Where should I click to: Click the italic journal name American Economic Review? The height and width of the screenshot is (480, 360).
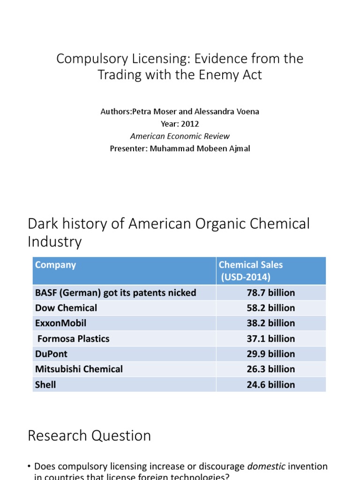pyautogui.click(x=180, y=136)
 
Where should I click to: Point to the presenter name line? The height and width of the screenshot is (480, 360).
pyautogui.click(x=180, y=149)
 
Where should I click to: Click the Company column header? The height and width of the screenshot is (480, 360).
pyautogui.click(x=55, y=265)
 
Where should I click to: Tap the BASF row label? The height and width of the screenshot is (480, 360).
pyautogui.click(x=115, y=293)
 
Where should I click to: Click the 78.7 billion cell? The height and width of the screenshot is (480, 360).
pyautogui.click(x=270, y=293)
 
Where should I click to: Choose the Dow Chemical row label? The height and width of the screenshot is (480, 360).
pyautogui.click(x=66, y=308)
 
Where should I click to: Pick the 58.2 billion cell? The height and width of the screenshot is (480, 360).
pyautogui.click(x=270, y=308)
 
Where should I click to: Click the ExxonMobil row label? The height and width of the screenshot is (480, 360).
pyautogui.click(x=60, y=323)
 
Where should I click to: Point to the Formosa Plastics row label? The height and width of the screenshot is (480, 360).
pyautogui.click(x=73, y=338)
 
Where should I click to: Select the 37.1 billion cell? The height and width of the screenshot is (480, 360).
pyautogui.click(x=270, y=338)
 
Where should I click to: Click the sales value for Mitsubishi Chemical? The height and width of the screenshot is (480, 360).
pyautogui.click(x=270, y=369)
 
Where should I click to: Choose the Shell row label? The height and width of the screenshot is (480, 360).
pyautogui.click(x=45, y=385)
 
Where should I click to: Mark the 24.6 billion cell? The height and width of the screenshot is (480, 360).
pyautogui.click(x=270, y=385)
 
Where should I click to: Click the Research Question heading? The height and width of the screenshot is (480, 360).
pyautogui.click(x=89, y=435)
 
